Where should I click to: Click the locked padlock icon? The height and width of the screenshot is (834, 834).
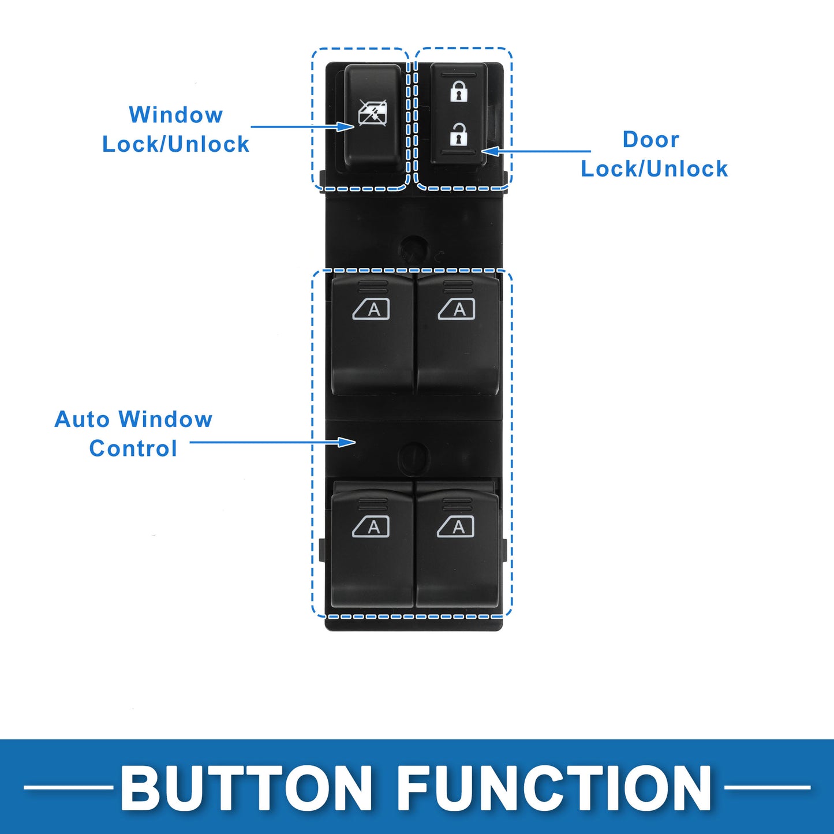point(459,91)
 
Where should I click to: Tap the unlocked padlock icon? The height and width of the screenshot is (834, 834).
point(459,133)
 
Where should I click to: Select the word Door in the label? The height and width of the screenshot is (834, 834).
point(651,139)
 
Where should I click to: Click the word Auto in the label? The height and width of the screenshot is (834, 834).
point(82,419)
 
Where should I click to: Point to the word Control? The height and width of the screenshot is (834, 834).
point(133,448)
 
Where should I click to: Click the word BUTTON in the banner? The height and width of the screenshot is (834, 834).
point(246,787)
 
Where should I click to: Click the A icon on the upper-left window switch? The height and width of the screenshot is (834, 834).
point(371,309)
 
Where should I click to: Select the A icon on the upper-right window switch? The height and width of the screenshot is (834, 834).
point(456,309)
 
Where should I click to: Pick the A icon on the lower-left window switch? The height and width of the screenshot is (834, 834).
point(371,527)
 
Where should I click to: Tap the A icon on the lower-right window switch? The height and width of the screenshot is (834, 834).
point(455,527)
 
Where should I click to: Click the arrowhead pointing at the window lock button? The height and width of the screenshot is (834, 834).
point(346,126)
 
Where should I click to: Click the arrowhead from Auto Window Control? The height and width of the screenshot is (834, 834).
point(347,442)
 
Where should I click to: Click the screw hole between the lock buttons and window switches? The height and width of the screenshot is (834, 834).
point(413,249)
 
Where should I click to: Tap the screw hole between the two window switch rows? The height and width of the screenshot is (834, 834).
point(414,458)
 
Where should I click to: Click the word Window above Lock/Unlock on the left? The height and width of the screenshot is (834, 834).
point(175,115)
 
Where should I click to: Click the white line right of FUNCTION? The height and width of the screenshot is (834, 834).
point(767,788)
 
